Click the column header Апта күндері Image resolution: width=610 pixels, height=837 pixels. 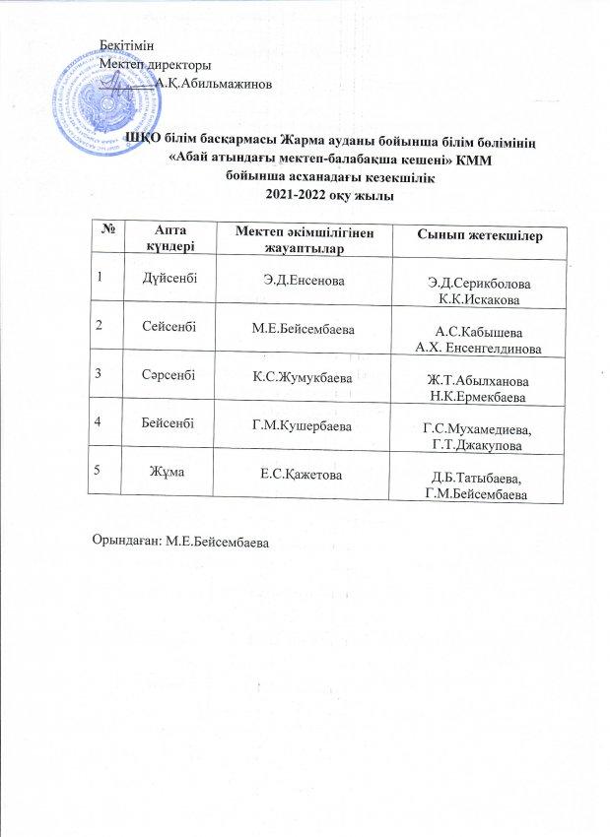165,236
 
